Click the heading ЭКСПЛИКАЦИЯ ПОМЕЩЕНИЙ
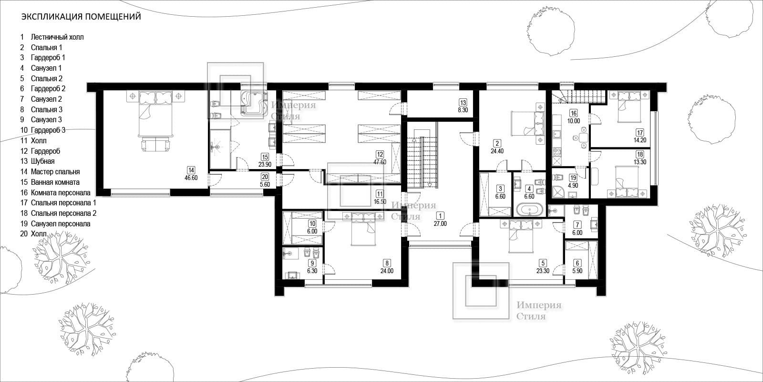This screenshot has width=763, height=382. point(81,17)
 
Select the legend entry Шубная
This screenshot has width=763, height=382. point(42,161)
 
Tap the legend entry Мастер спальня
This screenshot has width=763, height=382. point(55,172)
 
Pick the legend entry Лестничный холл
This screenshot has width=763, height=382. point(57,37)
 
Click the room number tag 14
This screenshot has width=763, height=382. point(191,170)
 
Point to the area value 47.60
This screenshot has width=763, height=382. point(380,162)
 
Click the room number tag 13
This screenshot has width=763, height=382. point(463,103)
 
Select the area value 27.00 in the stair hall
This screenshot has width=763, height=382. point(440,224)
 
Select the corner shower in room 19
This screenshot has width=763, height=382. point(559,191)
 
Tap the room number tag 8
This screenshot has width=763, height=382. point(387,263)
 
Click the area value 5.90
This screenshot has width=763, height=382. point(577,271)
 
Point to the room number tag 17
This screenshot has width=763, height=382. point(639,133)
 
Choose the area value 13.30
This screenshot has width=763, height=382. point(639,162)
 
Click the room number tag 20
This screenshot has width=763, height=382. point(265,177)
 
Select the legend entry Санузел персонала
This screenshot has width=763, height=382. point(61,224)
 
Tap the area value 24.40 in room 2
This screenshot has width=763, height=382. point(497,151)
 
